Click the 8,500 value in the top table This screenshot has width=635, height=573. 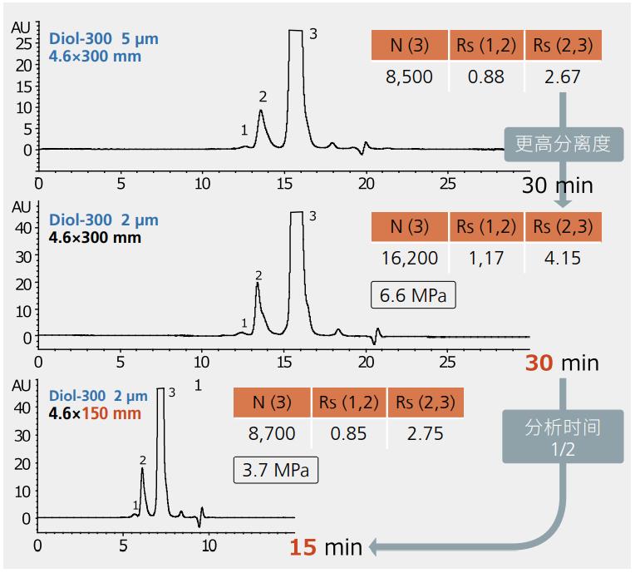pyautogui.click(x=409, y=77)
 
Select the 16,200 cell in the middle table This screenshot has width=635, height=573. pyautogui.click(x=409, y=258)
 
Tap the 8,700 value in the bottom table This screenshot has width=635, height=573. pyautogui.click(x=272, y=433)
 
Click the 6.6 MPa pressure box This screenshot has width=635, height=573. pyautogui.click(x=413, y=295)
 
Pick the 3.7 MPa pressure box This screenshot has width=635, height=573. pyautogui.click(x=275, y=471)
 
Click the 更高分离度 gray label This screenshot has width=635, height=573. pyautogui.click(x=563, y=143)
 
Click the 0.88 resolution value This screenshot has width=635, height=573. pyautogui.click(x=486, y=77)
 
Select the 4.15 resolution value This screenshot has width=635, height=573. pyautogui.click(x=563, y=258)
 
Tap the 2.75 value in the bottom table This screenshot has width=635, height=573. pyautogui.click(x=425, y=433)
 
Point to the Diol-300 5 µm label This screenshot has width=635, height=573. pyautogui.click(x=103, y=39)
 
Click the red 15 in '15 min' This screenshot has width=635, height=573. pyautogui.click(x=303, y=547)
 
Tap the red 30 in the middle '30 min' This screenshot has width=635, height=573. pyautogui.click(x=539, y=363)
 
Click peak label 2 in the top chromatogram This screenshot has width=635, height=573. pyautogui.click(x=263, y=96)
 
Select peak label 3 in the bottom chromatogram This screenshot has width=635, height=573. pyautogui.click(x=171, y=393)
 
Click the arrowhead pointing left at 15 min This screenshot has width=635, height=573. pyautogui.click(x=375, y=546)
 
